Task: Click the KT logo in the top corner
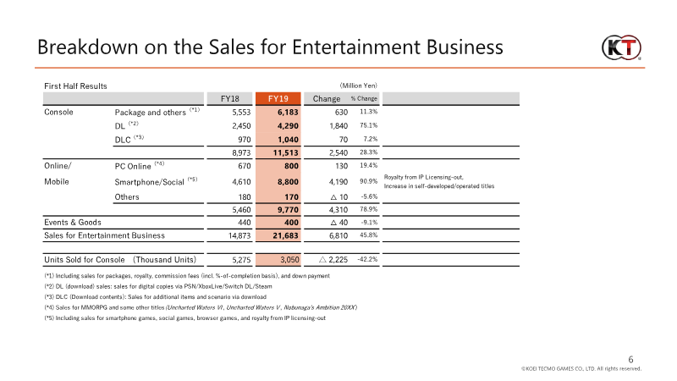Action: pyautogui.click(x=621, y=48)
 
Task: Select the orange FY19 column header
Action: pyautogui.click(x=278, y=98)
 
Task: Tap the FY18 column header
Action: pyautogui.click(x=229, y=98)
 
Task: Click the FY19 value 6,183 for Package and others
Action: pyautogui.click(x=288, y=113)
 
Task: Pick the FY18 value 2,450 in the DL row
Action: pyautogui.click(x=241, y=125)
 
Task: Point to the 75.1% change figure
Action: pyautogui.click(x=369, y=125)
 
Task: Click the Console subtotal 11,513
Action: pyautogui.click(x=285, y=152)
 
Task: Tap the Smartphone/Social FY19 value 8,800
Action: pyautogui.click(x=288, y=182)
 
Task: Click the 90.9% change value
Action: pyautogui.click(x=369, y=181)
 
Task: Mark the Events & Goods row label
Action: pyautogui.click(x=73, y=223)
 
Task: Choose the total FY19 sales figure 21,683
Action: pyautogui.click(x=285, y=235)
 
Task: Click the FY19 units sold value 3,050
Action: pyautogui.click(x=289, y=260)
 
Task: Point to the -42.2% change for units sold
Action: pyautogui.click(x=367, y=259)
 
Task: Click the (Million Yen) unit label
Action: pyautogui.click(x=358, y=86)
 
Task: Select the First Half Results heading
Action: pyautogui.click(x=75, y=86)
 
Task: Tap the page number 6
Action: pyautogui.click(x=630, y=359)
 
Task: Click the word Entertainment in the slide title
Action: pyautogui.click(x=355, y=47)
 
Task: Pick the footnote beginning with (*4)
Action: pyautogui.click(x=201, y=307)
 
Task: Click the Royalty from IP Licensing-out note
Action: pyautogui.click(x=424, y=177)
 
